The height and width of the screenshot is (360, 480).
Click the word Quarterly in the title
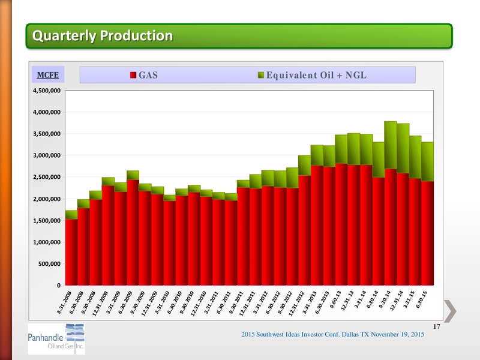64,36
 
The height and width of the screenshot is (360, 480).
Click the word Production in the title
137,35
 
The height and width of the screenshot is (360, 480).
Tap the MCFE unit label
48,75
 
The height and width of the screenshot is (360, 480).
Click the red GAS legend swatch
133,75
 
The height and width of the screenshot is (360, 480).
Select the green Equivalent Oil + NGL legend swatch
261,75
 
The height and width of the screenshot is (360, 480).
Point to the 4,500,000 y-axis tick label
47,91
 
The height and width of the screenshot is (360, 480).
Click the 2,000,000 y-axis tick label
47,199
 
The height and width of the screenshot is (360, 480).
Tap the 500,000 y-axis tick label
49,264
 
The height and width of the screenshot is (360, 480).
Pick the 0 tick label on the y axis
59,286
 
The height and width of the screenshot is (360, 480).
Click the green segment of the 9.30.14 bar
391,145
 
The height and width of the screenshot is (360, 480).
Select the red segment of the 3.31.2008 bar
71,252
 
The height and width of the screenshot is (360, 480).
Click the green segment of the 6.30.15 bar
427,161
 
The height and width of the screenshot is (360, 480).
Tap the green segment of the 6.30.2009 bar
133,175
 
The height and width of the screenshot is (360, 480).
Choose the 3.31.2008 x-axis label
64,302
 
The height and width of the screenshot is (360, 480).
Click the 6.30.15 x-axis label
421,299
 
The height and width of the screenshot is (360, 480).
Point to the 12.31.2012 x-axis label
296,304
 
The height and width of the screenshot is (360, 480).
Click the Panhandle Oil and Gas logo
56,339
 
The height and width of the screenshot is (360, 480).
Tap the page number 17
437,326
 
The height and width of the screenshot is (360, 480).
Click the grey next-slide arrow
450,311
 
